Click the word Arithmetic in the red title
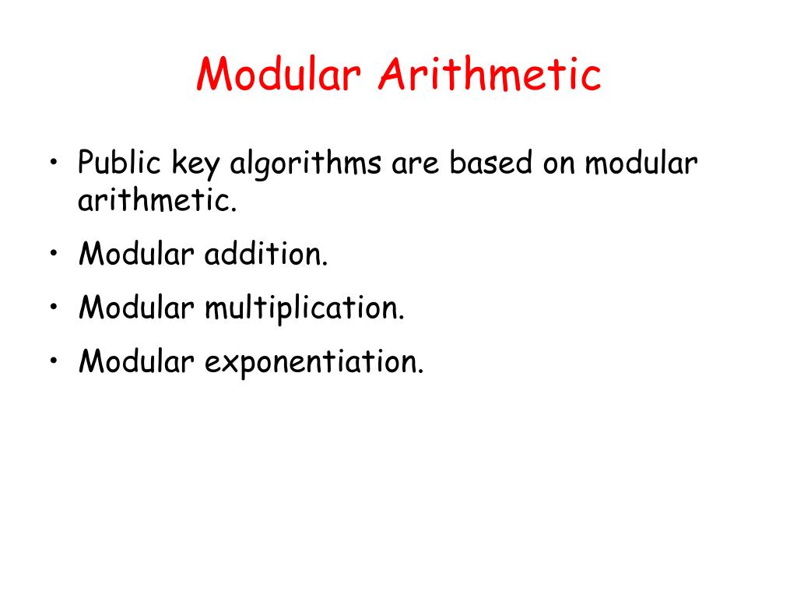[x=490, y=76]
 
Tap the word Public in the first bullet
[x=119, y=164]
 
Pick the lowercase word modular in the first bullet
[x=642, y=164]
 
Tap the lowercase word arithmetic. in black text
[x=156, y=202]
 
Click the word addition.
[x=266, y=255]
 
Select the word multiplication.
[x=304, y=309]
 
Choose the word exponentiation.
[x=314, y=361]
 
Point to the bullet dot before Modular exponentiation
[x=54, y=362]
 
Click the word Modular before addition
[x=135, y=255]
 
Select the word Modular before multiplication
[x=135, y=308]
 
